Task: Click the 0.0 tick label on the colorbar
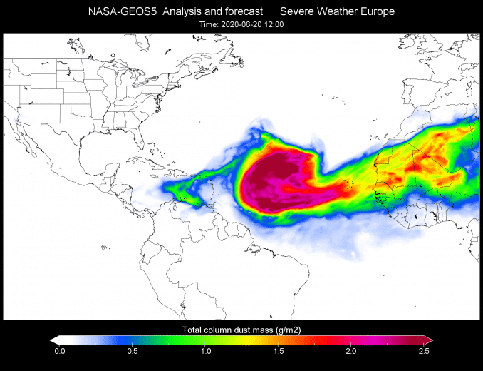(x=60, y=351)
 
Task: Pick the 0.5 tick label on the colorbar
(x=133, y=351)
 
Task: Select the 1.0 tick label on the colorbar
(x=205, y=351)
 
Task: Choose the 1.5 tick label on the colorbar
(x=278, y=351)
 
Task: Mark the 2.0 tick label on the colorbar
(x=350, y=351)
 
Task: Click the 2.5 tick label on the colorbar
(x=423, y=351)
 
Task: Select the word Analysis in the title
(x=180, y=11)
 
